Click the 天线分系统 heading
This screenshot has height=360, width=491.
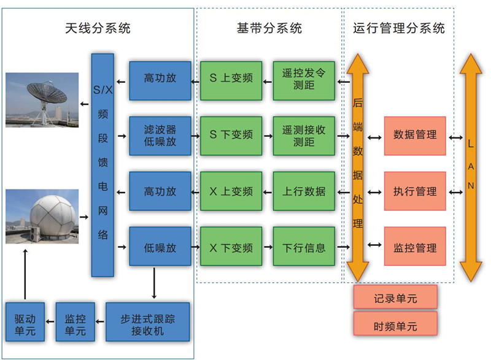tap(98, 28)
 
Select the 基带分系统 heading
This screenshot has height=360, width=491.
tap(269, 28)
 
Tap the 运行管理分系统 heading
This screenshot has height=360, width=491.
tap(399, 28)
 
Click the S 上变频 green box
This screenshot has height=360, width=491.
tap(231, 79)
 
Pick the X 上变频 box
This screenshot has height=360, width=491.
tap(231, 191)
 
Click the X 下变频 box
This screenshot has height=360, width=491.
tap(231, 248)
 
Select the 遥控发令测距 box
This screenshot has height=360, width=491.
tap(304, 79)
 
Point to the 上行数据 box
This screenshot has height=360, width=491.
tap(304, 191)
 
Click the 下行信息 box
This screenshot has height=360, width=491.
tap(304, 248)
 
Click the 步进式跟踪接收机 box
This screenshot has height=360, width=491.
tap(148, 322)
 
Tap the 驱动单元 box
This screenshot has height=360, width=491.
tap(25, 322)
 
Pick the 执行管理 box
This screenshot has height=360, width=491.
tap(415, 191)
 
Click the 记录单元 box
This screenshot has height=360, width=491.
tap(395, 298)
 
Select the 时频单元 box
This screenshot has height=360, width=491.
tap(395, 326)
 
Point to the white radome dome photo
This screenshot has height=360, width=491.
tap(42, 216)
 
